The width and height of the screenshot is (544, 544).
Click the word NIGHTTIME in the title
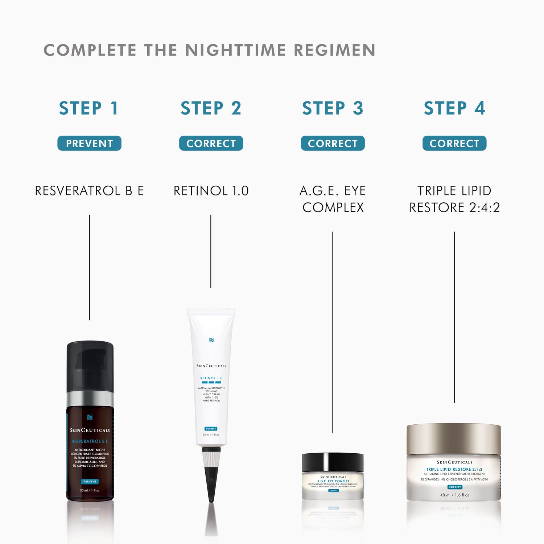point(235,50)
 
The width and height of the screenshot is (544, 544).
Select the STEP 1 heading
point(89,108)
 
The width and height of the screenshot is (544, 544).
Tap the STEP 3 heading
point(333,108)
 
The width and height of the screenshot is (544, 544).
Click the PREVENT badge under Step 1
point(89,143)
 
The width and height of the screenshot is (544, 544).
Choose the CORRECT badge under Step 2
point(211,143)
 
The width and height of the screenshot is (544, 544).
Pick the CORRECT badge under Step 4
point(454,143)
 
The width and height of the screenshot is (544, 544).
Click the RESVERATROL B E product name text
point(89,191)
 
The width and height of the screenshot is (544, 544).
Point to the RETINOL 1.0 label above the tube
point(211,191)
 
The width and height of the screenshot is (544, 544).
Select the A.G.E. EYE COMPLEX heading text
point(333,199)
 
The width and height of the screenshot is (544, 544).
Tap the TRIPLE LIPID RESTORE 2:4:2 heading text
point(454,199)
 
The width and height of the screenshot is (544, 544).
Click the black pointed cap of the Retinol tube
point(211,482)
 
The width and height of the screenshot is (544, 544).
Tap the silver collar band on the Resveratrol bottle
point(90,398)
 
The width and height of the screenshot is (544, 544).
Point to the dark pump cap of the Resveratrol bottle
point(90,366)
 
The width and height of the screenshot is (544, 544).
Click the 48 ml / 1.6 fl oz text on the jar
point(454,495)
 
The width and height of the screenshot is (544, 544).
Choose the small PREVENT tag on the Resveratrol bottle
point(90,482)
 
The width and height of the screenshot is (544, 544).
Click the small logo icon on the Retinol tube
point(211,340)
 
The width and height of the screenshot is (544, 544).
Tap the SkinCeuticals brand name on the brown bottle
point(90,430)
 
